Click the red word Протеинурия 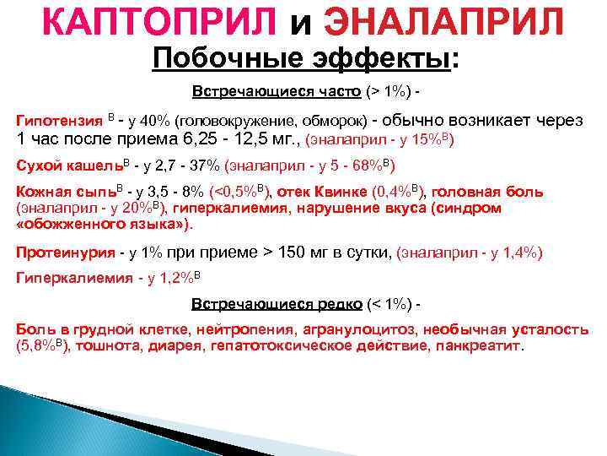click(66, 252)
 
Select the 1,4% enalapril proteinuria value click(518, 252)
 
